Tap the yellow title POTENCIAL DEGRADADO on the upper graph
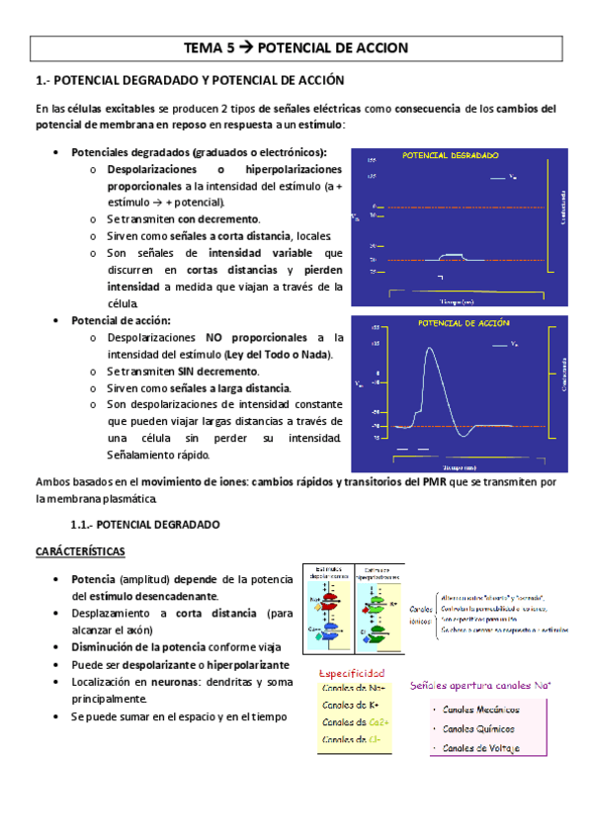pos(451,155)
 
